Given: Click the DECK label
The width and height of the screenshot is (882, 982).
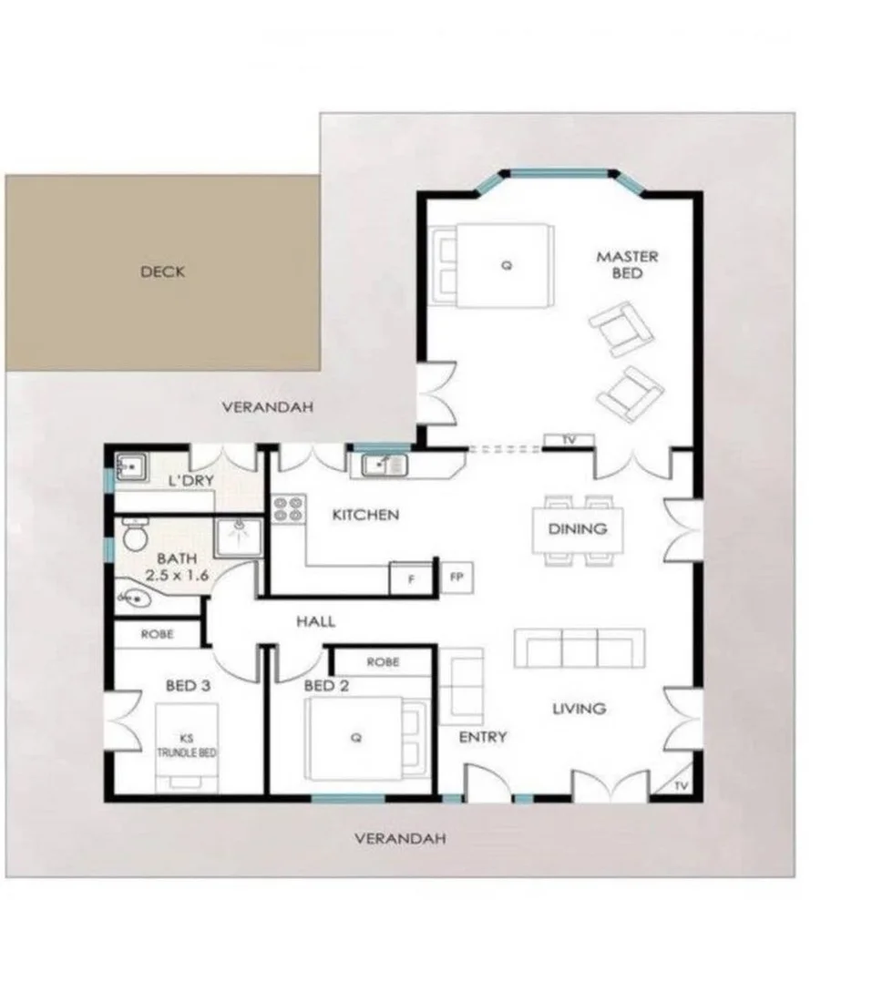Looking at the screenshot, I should click(x=163, y=271).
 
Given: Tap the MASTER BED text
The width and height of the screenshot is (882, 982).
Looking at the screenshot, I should click(x=627, y=265).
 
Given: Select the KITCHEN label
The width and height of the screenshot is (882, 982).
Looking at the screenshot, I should click(x=365, y=515).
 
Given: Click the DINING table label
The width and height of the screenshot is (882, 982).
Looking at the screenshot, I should click(x=578, y=528).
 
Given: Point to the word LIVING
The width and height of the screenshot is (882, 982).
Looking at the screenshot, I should click(x=579, y=708).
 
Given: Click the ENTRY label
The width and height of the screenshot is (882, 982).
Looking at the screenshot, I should click(x=482, y=737).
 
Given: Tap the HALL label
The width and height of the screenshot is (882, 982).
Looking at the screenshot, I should click(x=316, y=621).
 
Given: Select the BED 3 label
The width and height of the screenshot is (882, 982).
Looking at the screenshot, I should click(x=189, y=685).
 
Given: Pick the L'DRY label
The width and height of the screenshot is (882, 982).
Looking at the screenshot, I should click(x=190, y=479).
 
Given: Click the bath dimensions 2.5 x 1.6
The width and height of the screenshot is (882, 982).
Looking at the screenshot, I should click(x=178, y=576).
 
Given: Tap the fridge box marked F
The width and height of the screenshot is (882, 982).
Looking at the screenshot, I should click(x=410, y=578).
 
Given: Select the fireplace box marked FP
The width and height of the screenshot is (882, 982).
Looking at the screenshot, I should click(x=456, y=577).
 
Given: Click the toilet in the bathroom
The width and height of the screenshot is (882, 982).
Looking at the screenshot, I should click(x=135, y=537).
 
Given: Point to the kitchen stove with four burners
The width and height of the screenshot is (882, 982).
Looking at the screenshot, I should click(x=288, y=508).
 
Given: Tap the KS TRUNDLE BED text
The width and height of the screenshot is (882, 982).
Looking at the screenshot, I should click(x=187, y=745).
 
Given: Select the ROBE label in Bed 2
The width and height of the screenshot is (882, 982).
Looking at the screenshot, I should click(x=382, y=662).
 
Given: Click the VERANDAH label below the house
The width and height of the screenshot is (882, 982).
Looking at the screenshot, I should click(x=400, y=838).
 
